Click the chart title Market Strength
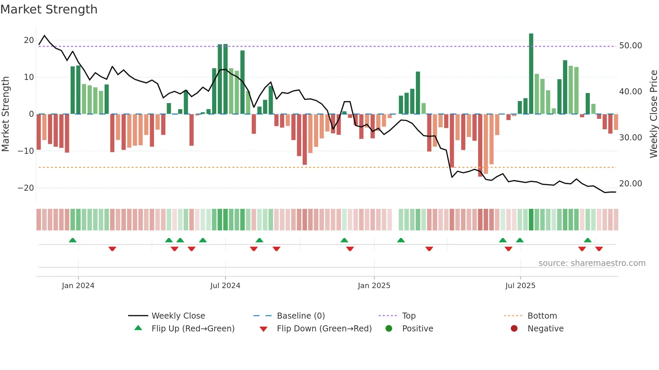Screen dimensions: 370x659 (49, 9)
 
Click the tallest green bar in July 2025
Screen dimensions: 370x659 (531, 74)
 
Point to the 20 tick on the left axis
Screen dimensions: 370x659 (29, 40)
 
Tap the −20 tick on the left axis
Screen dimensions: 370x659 (26, 188)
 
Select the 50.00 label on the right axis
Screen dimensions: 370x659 (630, 46)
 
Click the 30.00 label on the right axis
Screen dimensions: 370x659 (630, 138)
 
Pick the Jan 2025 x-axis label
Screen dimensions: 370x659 (374, 286)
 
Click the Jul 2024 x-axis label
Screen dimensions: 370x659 (225, 286)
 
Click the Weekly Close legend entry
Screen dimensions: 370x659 (178, 316)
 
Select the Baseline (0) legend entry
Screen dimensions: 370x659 (301, 316)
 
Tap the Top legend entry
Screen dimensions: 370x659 (409, 316)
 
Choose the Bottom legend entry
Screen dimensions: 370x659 (542, 316)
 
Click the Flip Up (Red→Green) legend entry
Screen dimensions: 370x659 (193, 329)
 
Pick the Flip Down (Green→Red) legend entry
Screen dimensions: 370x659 (324, 329)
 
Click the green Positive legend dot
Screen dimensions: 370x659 (389, 329)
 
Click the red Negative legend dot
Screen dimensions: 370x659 (514, 329)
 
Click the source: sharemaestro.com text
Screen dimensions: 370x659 (592, 263)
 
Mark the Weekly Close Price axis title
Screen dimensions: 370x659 (653, 114)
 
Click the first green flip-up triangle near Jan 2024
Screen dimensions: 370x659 (73, 240)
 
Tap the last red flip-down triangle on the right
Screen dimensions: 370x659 (599, 249)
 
